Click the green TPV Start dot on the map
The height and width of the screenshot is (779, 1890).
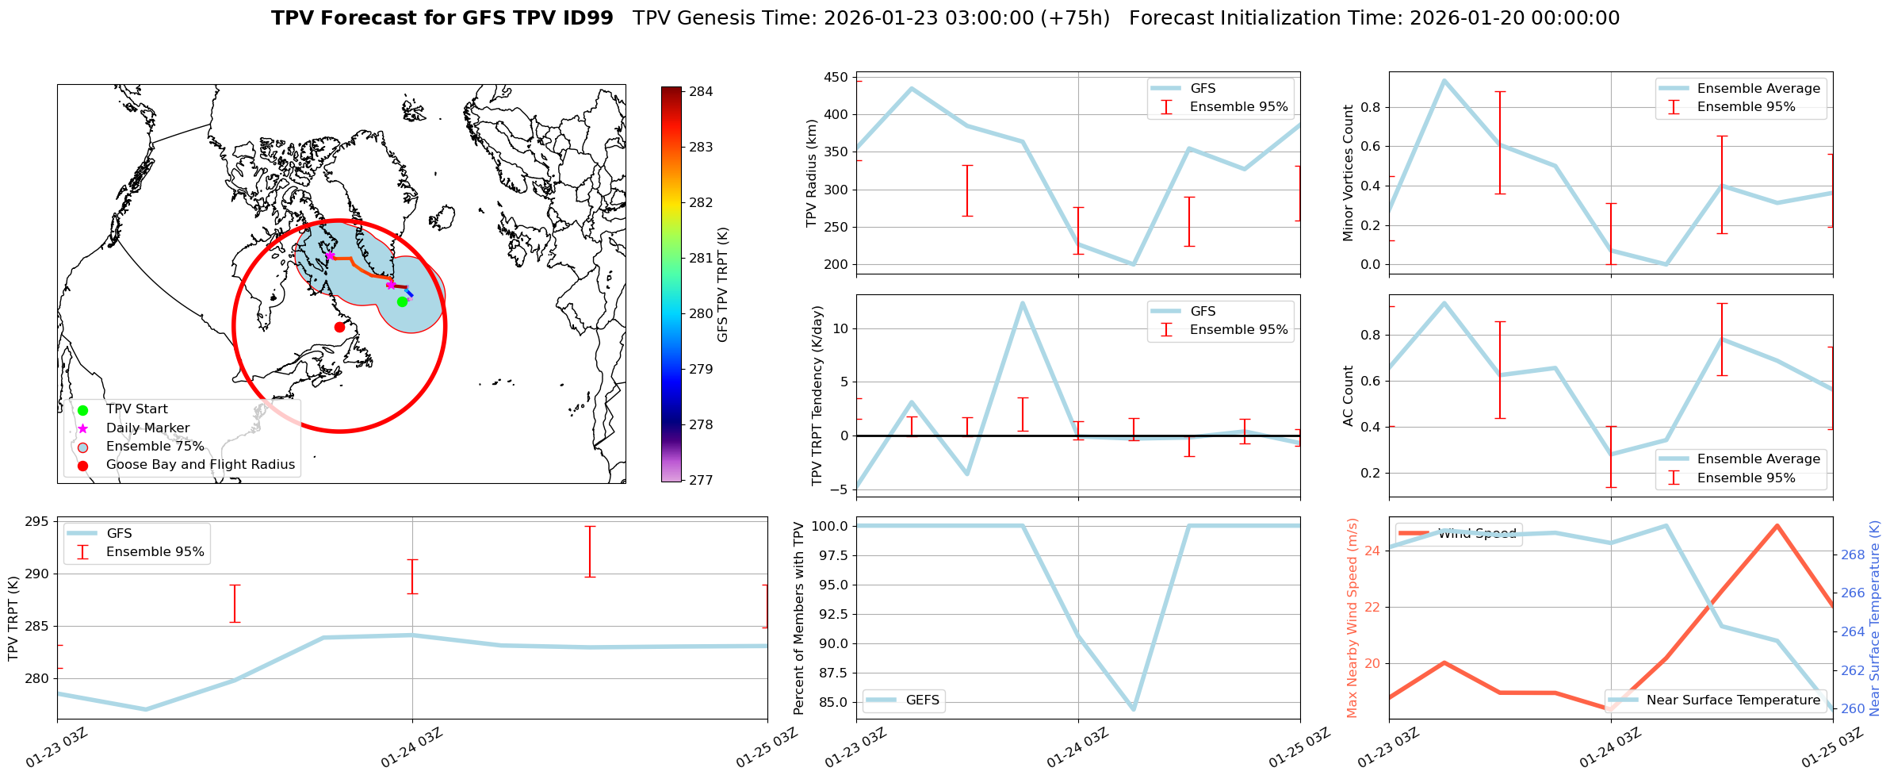point(402,301)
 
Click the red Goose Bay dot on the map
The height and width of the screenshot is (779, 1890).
point(339,327)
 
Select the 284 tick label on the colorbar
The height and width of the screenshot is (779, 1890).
point(701,92)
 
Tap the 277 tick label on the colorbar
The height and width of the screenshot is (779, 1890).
point(701,480)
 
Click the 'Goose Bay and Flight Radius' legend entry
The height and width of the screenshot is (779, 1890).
point(200,465)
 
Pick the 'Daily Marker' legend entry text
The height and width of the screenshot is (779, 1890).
point(147,428)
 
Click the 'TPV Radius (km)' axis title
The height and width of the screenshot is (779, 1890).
point(811,173)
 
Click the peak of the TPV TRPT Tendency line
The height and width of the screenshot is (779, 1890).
point(1023,302)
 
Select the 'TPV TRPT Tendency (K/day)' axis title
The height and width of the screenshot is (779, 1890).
point(817,396)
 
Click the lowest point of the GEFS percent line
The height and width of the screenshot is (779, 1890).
point(1134,709)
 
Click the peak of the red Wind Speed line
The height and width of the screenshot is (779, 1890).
point(1777,525)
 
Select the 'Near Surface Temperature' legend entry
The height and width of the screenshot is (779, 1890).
point(1733,700)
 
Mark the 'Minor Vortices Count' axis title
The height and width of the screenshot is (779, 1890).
point(1349,173)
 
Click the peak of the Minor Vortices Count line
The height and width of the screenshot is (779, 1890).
point(1444,80)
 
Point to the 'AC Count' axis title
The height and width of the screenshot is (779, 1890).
point(1349,396)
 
